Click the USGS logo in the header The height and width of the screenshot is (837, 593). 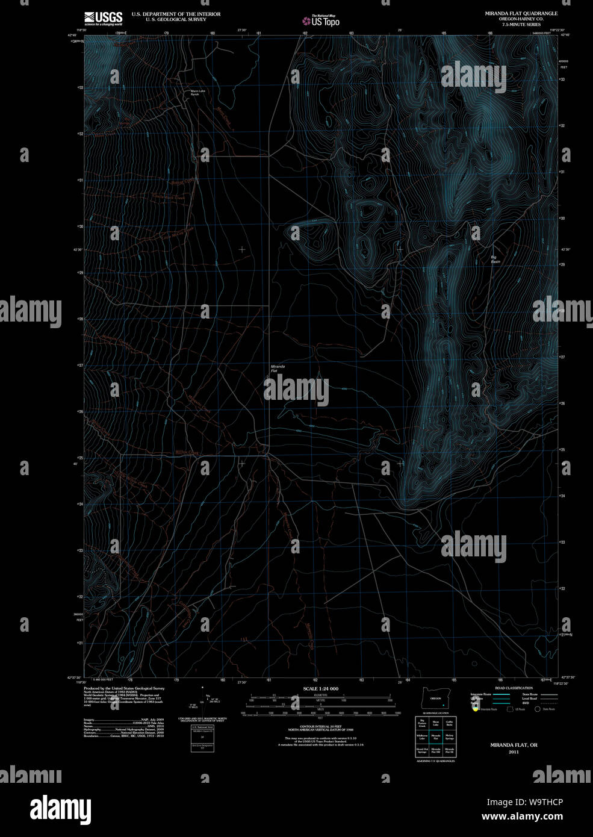[x=103, y=18]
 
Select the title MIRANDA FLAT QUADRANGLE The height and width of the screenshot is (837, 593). [x=521, y=13]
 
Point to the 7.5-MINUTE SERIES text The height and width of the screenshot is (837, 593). [x=521, y=25]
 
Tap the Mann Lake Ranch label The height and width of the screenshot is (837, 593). [x=190, y=93]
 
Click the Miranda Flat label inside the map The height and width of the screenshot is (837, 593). [x=278, y=369]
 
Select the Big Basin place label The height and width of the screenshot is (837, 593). [x=495, y=260]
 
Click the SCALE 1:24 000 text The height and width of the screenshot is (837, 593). [x=320, y=688]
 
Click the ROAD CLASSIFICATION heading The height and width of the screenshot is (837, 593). [x=513, y=688]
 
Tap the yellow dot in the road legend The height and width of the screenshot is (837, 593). [x=475, y=709]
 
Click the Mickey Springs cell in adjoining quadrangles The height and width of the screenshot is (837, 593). [x=449, y=736]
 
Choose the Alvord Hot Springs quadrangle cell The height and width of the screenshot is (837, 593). [x=423, y=750]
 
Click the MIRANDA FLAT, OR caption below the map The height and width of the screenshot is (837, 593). [x=513, y=745]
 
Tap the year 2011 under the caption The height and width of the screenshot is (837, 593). [x=513, y=752]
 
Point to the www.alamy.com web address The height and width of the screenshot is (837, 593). [x=521, y=817]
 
